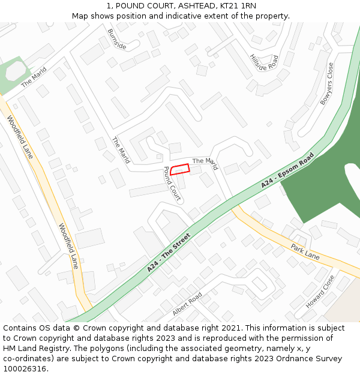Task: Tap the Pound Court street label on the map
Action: coord(172,183)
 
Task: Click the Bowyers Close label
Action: coord(326,84)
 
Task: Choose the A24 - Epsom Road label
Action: coord(287,171)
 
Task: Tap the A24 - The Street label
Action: coord(169,253)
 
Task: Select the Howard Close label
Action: coord(320,292)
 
